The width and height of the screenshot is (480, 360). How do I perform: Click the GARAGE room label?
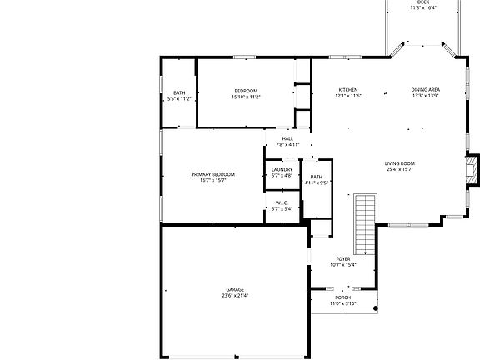click(x=234, y=289)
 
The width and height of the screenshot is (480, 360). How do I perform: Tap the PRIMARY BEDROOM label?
click(x=212, y=174)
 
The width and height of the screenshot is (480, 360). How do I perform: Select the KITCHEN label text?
click(x=348, y=90)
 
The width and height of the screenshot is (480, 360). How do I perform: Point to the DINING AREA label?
click(x=425, y=90)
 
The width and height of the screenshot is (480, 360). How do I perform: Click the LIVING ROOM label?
click(x=400, y=163)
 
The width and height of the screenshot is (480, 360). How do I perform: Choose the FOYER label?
click(x=342, y=259)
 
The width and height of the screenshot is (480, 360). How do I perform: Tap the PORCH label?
click(x=342, y=297)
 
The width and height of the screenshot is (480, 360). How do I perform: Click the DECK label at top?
click(x=423, y=2)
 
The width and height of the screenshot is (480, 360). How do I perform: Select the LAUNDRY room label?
click(x=282, y=170)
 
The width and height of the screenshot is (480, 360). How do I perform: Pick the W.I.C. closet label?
click(x=282, y=202)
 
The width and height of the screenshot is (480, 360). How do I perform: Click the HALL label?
click(x=287, y=138)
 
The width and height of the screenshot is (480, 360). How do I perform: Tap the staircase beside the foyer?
click(x=365, y=223)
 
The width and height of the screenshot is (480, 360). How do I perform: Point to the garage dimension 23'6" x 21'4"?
click(x=234, y=296)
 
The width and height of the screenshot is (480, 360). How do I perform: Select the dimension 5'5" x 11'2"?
click(x=179, y=98)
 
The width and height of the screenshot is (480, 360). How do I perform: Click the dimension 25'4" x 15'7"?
click(x=400, y=169)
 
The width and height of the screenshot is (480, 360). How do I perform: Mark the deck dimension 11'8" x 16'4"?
click(x=423, y=8)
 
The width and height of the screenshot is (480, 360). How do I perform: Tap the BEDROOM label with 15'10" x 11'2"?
click(x=246, y=91)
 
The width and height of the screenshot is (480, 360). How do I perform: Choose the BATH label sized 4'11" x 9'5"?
click(x=317, y=177)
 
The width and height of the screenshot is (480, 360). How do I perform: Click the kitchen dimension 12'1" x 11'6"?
click(x=348, y=96)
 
